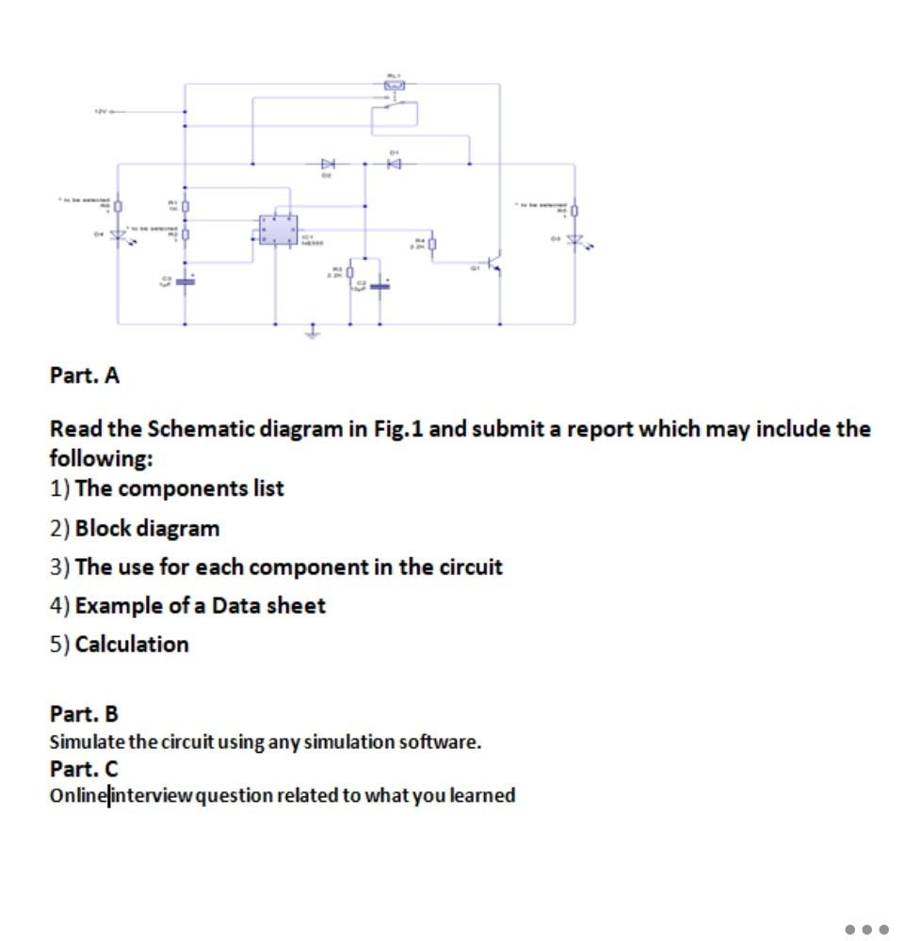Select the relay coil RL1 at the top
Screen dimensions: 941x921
tap(394, 86)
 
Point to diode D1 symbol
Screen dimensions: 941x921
tap(395, 164)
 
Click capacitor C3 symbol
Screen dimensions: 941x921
tap(186, 279)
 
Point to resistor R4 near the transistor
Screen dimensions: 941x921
tap(432, 247)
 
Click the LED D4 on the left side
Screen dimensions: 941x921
tap(119, 235)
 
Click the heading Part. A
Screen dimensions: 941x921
tap(85, 375)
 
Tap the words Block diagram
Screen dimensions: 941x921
tap(147, 528)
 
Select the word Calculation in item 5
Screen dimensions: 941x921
tap(132, 645)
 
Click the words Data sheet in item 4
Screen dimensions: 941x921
tap(268, 605)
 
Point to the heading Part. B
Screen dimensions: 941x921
tap(84, 713)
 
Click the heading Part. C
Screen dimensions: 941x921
tap(84, 768)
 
